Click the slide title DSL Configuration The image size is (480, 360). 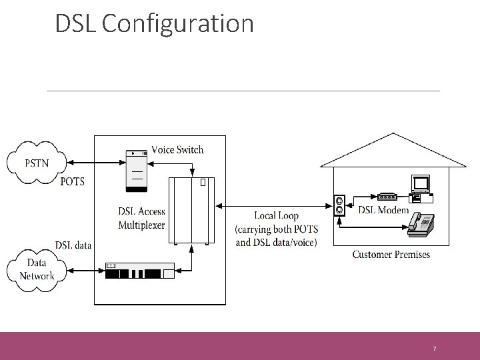point(154,23)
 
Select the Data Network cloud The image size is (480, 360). point(37,270)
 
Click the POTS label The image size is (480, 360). point(73,181)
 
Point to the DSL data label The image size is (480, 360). point(73,245)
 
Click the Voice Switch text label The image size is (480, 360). point(177,149)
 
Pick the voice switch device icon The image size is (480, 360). point(137,167)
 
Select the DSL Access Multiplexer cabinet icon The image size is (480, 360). point(192,210)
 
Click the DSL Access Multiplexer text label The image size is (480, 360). point(141,219)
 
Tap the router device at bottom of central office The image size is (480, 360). point(139,271)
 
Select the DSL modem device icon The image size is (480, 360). point(387,197)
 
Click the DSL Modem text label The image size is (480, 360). point(384,211)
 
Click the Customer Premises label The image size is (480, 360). point(391,254)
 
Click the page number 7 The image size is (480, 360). point(434,349)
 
